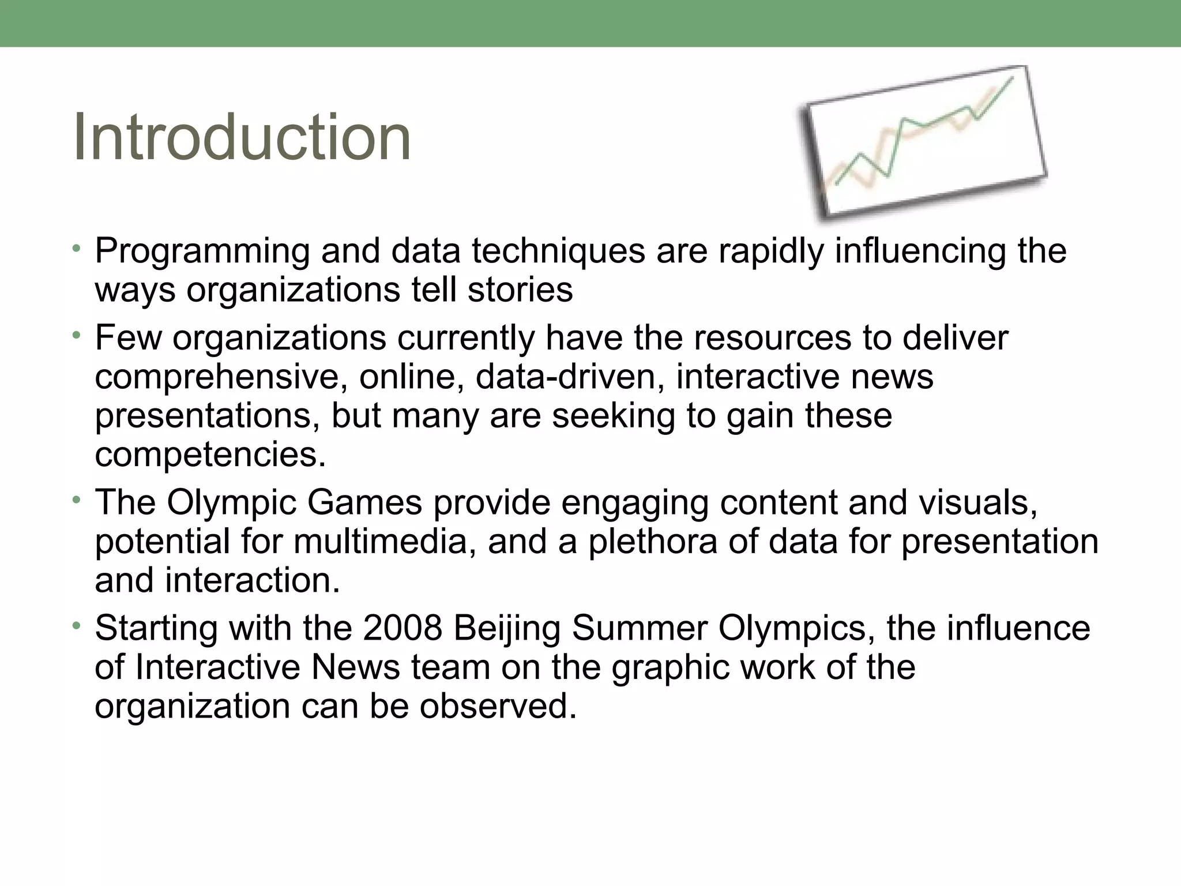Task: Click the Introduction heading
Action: point(242,137)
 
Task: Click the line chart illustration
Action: point(923,143)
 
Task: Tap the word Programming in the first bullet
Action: point(202,253)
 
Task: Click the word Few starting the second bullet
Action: point(128,338)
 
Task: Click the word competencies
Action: point(210,455)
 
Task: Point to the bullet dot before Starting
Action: point(76,625)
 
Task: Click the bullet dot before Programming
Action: point(76,249)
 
